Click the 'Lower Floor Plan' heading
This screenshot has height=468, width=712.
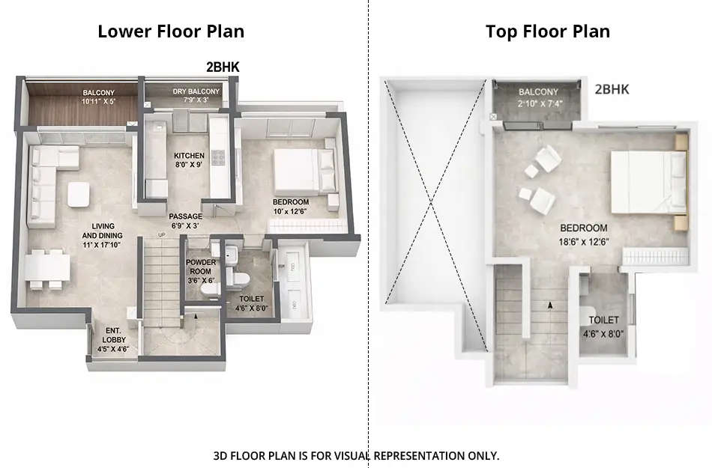[171, 31]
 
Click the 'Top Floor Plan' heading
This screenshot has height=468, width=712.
[547, 31]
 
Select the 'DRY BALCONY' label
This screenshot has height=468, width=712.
[190, 92]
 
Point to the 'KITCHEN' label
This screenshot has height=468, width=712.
[189, 156]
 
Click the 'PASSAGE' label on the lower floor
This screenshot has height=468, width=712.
[184, 216]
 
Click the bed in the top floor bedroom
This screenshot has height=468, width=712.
[645, 182]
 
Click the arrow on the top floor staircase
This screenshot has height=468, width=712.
[551, 306]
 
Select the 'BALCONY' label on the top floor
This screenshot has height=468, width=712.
[538, 92]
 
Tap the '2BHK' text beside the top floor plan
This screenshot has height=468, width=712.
[612, 90]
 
